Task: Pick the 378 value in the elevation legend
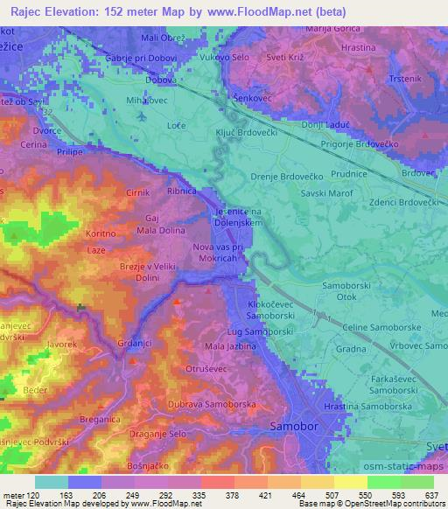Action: [x=232, y=494]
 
